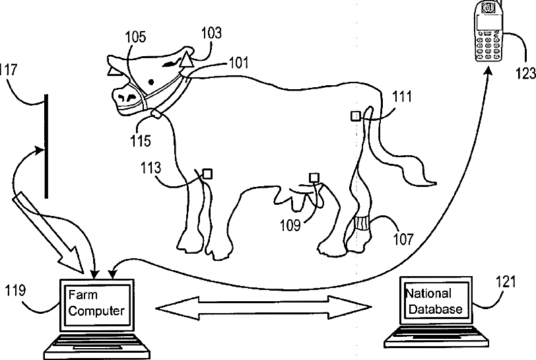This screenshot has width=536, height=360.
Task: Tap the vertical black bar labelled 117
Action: tap(46, 145)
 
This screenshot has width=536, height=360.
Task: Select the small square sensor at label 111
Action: tap(356, 116)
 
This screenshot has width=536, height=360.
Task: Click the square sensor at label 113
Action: tap(208, 174)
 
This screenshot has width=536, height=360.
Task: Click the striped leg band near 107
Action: tap(360, 223)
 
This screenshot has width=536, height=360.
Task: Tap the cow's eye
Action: tap(152, 81)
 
